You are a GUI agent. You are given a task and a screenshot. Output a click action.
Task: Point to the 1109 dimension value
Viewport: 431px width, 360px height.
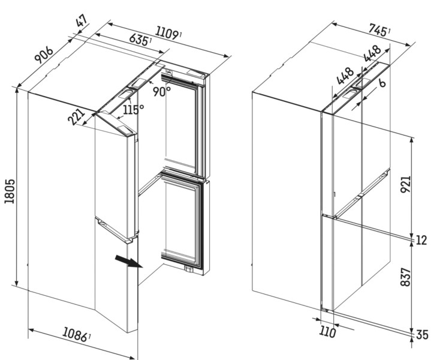(168, 34)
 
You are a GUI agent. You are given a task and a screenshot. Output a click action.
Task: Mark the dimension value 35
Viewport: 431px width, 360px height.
(421, 335)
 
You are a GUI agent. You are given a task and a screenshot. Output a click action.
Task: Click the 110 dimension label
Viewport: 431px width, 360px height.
(327, 331)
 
